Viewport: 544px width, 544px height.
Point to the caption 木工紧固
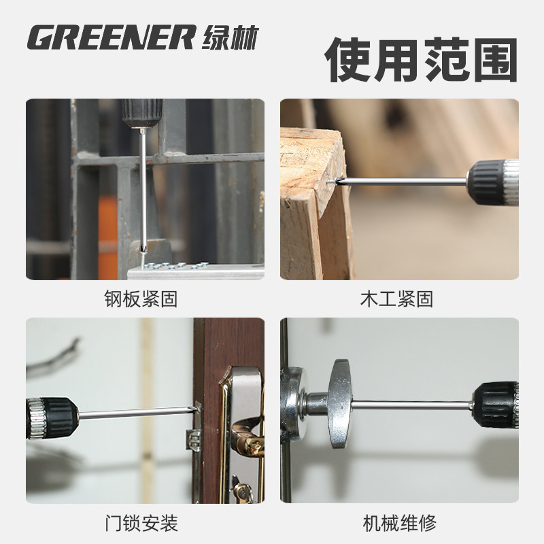click(398, 299)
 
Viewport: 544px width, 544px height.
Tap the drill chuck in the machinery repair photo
click(496, 404)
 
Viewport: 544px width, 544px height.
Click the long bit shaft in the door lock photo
click(136, 411)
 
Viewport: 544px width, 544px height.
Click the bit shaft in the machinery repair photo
click(415, 405)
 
